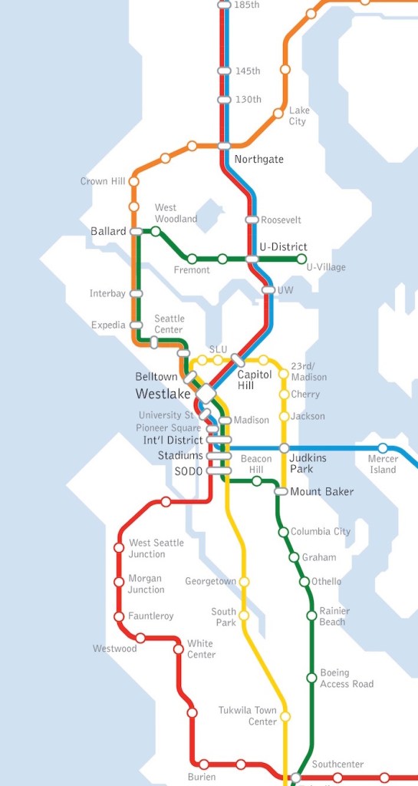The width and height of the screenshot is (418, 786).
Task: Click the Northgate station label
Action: (x=258, y=160)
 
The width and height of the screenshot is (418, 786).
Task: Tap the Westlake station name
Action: (x=163, y=394)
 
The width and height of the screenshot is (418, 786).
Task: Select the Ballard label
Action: (x=108, y=231)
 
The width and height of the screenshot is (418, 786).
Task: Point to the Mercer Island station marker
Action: (x=383, y=448)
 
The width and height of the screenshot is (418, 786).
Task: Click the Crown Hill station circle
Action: (x=134, y=182)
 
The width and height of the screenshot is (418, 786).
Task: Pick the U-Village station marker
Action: (x=301, y=259)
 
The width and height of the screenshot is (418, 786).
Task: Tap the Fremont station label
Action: (x=192, y=270)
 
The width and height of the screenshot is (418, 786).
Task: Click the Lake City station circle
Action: (x=278, y=114)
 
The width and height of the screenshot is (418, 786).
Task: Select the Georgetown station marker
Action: (x=245, y=582)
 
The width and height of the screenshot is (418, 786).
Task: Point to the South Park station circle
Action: (x=245, y=616)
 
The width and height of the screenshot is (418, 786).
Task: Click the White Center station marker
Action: (x=179, y=649)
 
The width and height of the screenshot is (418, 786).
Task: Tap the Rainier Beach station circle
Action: (x=311, y=616)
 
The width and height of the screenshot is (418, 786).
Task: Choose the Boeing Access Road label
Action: (x=347, y=679)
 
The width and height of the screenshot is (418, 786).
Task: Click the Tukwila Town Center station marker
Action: (x=285, y=716)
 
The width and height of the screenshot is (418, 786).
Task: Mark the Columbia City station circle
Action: (x=283, y=532)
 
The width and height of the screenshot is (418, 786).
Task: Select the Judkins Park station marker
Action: (x=284, y=448)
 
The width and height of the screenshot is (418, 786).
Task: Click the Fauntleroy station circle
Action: (x=119, y=616)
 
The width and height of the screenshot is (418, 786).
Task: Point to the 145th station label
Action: (x=248, y=71)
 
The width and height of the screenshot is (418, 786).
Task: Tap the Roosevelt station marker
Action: (x=252, y=220)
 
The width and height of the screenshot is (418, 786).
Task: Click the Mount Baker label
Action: (x=321, y=491)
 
